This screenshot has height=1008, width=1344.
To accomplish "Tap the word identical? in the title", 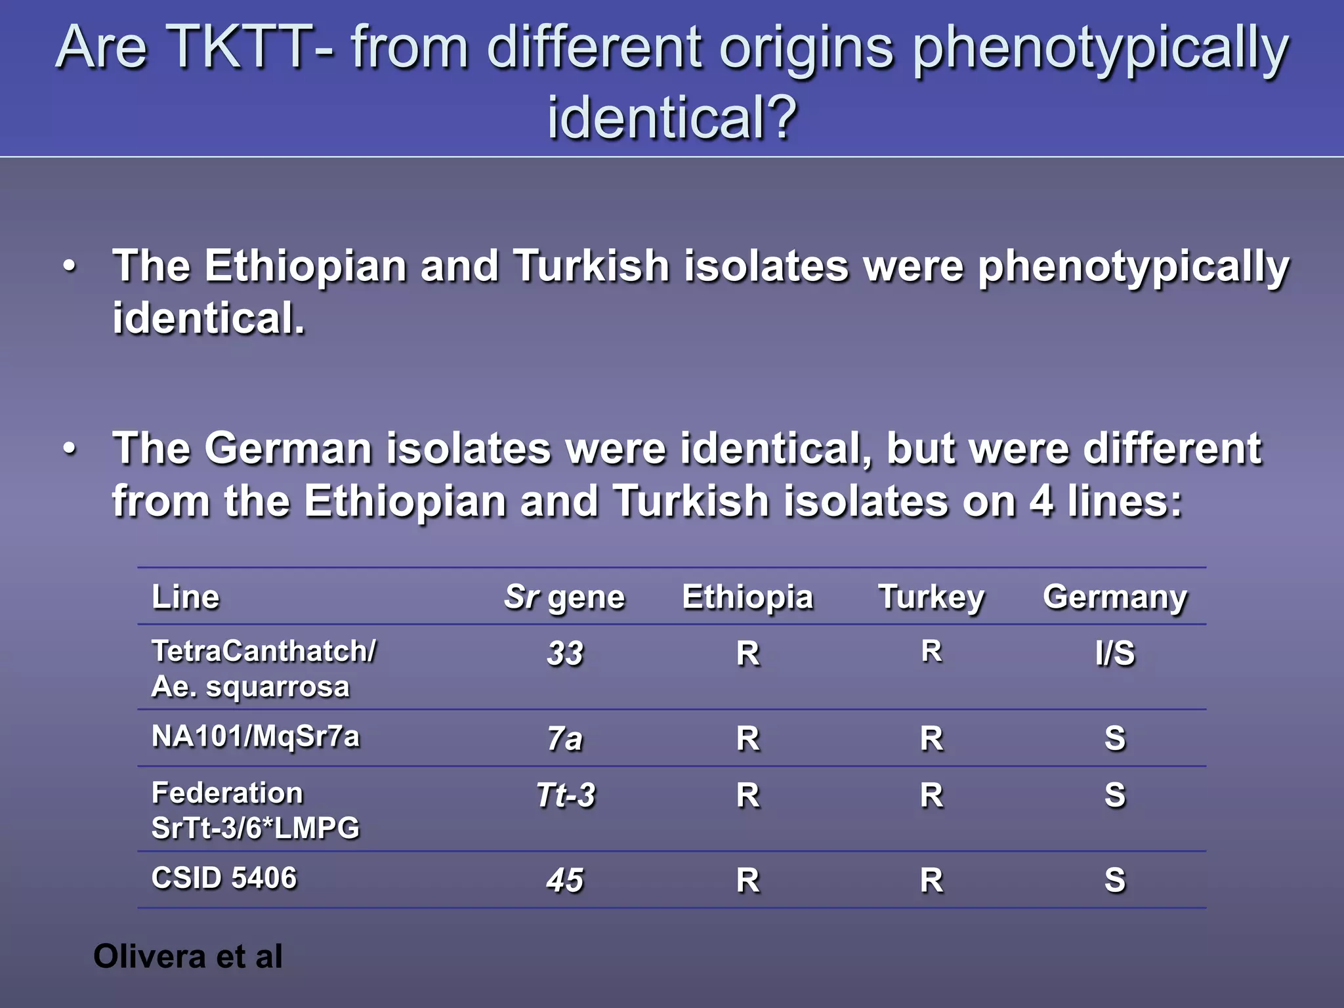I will tap(672, 118).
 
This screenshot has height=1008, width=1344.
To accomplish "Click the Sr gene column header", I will tap(564, 597).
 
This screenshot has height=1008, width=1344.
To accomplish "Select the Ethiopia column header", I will tap(747, 597).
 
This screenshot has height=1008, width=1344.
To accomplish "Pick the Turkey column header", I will tap(931, 597).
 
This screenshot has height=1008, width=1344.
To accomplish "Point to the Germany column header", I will tap(1115, 597).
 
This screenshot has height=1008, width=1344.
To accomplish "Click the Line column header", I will tap(186, 597).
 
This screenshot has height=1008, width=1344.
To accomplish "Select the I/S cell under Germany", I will tap(1115, 654).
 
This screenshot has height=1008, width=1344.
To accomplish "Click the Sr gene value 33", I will tap(565, 654).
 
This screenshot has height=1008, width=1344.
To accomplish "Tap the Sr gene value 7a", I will tap(565, 739).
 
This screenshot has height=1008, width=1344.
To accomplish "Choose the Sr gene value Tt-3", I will tap(565, 795).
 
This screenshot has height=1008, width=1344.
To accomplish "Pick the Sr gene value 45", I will tap(565, 881).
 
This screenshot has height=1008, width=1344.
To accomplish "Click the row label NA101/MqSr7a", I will tap(255, 736).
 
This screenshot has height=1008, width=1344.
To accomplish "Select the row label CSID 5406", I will tap(224, 878).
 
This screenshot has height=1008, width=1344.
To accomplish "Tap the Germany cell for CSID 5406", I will tap(1115, 881).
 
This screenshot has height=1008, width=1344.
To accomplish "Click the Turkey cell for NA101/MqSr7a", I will tap(931, 739).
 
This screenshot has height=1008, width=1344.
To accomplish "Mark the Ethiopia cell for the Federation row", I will tap(747, 795).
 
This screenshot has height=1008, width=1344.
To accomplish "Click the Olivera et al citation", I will tap(188, 956).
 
